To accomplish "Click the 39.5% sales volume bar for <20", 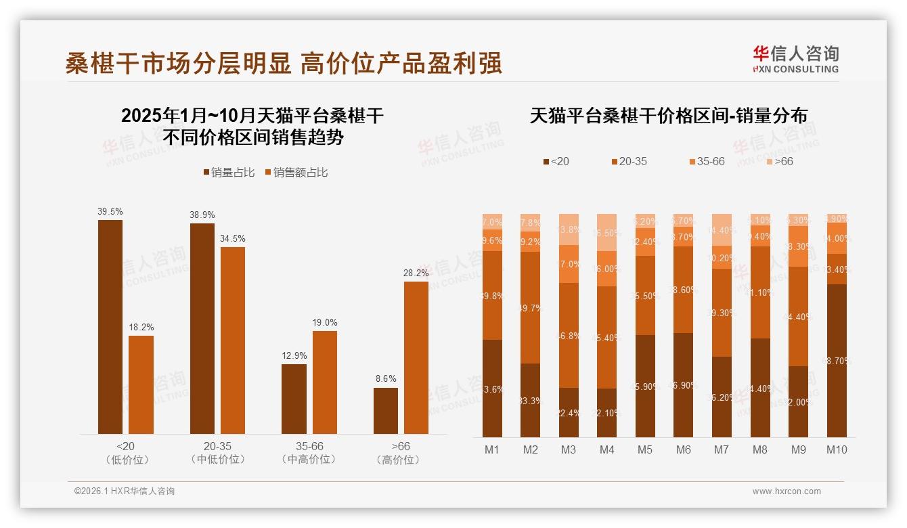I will coord(110,326).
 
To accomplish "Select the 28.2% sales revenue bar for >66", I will coord(416,357).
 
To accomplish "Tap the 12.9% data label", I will coord(294,355).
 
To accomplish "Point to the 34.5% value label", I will coord(233,239).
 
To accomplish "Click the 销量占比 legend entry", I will coord(228,173).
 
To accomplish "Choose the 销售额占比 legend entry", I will coord(296,173).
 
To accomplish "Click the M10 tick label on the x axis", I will coord(837,449).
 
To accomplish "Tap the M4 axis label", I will coord(606,449).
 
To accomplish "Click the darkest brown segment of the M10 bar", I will coord(837,360).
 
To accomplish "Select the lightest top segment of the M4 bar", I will coord(606,232).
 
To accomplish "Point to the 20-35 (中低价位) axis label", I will coord(217,453).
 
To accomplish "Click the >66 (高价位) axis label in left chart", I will coord(401,453).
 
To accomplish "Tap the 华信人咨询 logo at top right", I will coord(795,60).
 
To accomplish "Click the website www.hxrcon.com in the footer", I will coord(787,491).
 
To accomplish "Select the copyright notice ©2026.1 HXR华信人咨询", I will coord(125,491).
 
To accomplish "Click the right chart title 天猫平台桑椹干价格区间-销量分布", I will coord(668,116).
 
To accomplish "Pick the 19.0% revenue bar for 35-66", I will coord(325,382).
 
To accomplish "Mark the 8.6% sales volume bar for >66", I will coord(386,410).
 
